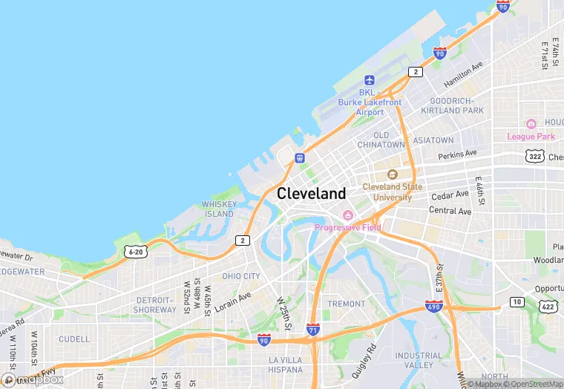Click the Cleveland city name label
coord(311,194)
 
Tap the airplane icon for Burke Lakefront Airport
coord(370,80)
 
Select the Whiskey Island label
coord(219,209)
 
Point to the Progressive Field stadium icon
coord(347,215)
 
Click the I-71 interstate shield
coord(313,329)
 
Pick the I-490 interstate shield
coord(435,306)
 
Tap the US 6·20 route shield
coord(135,252)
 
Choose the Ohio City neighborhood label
coord(241,276)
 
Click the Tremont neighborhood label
coord(347,304)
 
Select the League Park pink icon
coord(531,124)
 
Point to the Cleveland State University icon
coord(392,174)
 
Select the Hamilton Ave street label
coord(463,73)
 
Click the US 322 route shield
coord(535,156)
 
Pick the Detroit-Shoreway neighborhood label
coord(155,305)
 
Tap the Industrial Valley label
coord(419,360)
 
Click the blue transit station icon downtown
coord(300,157)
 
